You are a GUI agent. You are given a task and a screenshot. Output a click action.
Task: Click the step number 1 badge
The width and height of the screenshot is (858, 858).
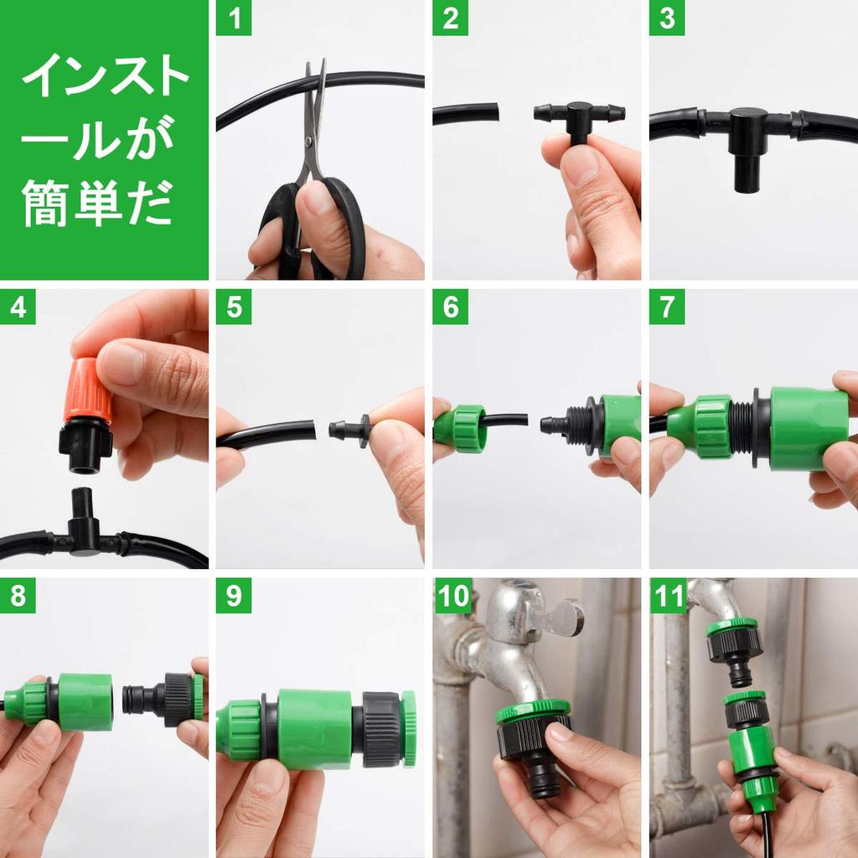[234, 18]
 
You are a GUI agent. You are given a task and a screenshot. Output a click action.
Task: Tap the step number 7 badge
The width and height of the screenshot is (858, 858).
[667, 307]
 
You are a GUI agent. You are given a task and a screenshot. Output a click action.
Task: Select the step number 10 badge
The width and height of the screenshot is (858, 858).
[453, 595]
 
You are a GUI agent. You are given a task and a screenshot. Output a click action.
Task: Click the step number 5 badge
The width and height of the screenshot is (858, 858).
[234, 307]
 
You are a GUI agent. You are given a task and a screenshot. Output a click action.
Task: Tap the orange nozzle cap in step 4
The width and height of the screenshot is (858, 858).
[87, 389]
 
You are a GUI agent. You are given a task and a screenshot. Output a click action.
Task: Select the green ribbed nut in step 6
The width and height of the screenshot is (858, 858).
[460, 428]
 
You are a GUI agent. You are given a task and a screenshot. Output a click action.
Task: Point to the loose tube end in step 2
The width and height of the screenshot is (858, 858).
[466, 113]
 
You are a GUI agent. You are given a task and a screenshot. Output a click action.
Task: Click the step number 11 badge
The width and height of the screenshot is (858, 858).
[668, 595]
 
